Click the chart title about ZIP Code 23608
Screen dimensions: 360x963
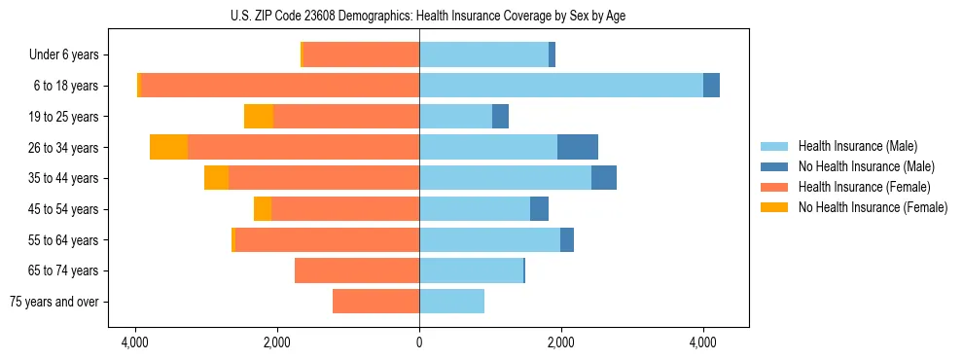[428, 16]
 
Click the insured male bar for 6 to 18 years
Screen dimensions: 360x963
[560, 86]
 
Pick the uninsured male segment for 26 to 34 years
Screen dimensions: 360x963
[577, 147]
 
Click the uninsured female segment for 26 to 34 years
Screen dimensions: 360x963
[169, 147]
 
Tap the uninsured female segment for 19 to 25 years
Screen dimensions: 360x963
[259, 117]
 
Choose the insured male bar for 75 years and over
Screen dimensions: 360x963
[451, 302]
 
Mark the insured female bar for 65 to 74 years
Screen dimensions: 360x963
[357, 270]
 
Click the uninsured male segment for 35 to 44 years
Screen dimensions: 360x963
[603, 178]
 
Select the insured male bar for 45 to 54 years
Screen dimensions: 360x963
[475, 209]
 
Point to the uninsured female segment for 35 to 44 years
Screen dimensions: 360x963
[216, 178]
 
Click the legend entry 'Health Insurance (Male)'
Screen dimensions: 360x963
[857, 146]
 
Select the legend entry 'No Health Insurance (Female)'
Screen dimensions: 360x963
[872, 207]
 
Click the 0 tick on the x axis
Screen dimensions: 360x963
[419, 342]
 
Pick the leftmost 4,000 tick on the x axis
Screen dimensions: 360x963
[135, 342]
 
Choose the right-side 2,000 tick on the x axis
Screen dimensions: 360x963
[561, 342]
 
